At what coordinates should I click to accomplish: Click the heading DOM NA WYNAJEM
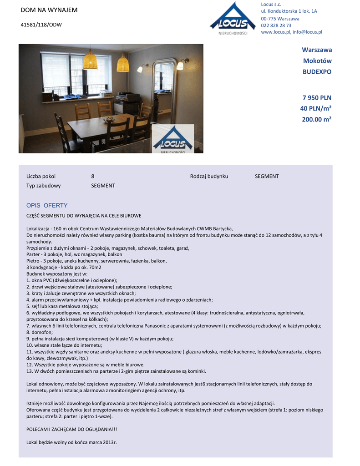point(49,10)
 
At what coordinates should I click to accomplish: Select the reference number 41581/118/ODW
point(41,25)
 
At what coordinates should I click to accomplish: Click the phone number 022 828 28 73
point(276,25)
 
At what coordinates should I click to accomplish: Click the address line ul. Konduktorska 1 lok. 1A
point(289,11)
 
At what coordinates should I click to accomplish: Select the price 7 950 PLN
point(317,98)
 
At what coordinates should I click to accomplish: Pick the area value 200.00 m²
point(316,119)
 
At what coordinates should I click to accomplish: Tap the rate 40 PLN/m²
point(315,108)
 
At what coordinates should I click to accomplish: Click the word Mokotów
point(317,61)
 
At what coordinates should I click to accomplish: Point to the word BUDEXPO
point(317,72)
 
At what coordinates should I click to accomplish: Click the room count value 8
point(93,176)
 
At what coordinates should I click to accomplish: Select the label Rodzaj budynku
point(209,176)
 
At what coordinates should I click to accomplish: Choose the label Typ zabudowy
point(43,186)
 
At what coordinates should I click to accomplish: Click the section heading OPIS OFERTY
point(47,206)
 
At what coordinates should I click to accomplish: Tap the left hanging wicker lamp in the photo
point(90,61)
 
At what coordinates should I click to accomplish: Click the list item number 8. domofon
point(40,332)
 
